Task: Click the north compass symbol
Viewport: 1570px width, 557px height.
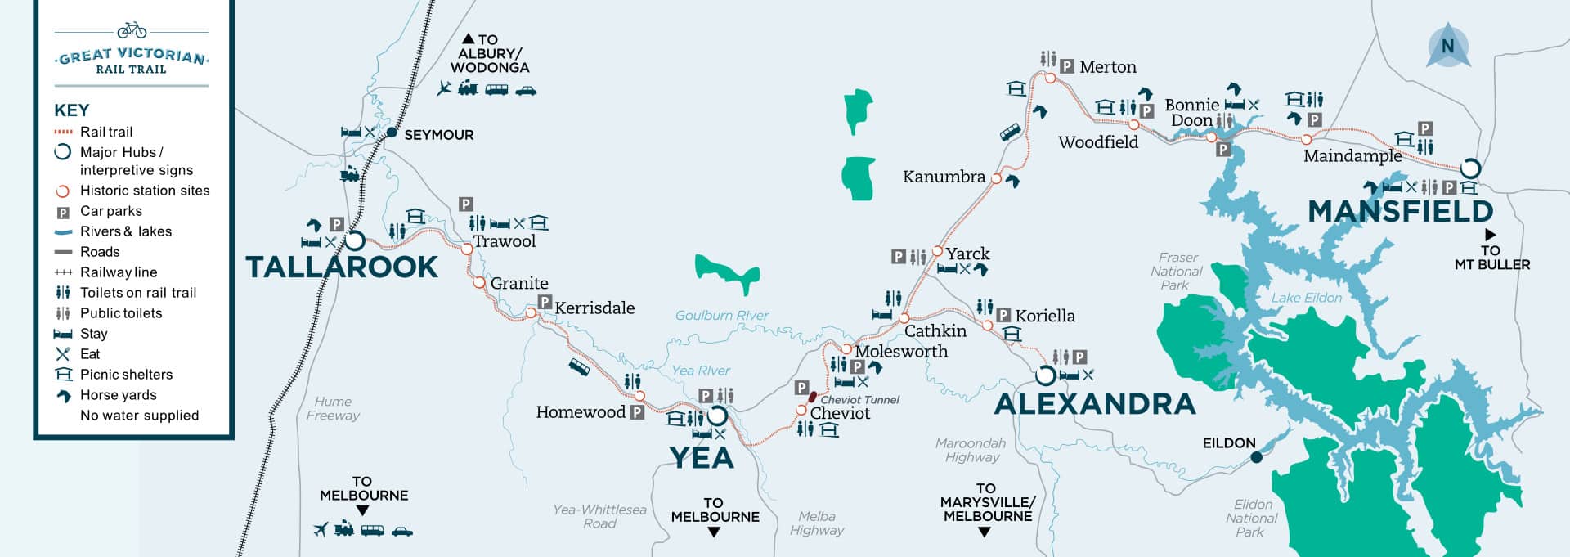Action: (1447, 46)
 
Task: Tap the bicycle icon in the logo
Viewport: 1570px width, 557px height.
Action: (132, 31)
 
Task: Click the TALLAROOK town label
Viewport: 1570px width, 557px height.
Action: (342, 267)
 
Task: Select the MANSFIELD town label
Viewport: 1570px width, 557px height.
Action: (1400, 212)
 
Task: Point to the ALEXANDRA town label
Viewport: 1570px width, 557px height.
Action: (1094, 403)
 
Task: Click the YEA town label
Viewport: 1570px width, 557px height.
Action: (702, 458)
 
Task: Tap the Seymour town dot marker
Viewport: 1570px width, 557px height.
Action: (392, 133)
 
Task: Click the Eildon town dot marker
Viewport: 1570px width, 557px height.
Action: (1256, 457)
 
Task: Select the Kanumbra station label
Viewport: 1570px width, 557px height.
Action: (944, 177)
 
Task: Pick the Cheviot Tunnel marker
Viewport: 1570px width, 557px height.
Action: (812, 398)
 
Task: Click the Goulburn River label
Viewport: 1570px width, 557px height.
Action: (722, 315)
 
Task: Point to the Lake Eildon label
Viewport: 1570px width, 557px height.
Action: (1306, 299)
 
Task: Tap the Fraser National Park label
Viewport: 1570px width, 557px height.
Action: (1177, 271)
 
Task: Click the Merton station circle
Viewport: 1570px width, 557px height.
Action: (1050, 79)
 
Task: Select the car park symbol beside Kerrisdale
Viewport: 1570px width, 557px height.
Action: (545, 303)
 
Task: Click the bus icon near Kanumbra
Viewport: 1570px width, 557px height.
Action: (1009, 133)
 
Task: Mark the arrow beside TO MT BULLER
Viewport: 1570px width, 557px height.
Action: (1490, 235)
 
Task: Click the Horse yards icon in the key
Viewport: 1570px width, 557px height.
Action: (63, 395)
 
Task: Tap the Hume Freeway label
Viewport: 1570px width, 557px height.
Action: (333, 408)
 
